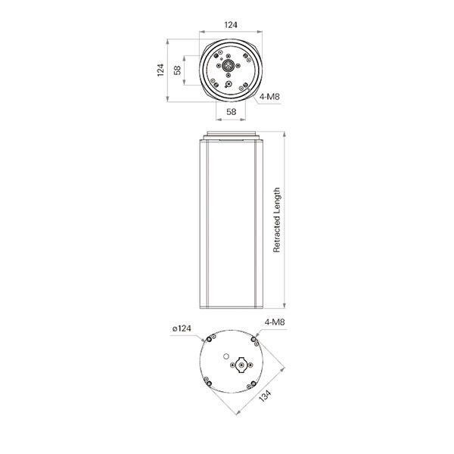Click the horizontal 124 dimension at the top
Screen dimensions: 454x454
[232, 25]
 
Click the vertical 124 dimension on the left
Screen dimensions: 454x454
[160, 70]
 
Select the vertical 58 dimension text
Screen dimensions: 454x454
[176, 70]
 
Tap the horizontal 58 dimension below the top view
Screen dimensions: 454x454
[232, 111]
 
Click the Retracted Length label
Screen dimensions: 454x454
[277, 219]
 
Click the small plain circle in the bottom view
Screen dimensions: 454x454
[225, 354]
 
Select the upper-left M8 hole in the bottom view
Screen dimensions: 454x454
[204, 340]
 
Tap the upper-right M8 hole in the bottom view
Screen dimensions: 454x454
[256, 342]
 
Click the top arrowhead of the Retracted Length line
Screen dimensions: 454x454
[284, 132]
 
